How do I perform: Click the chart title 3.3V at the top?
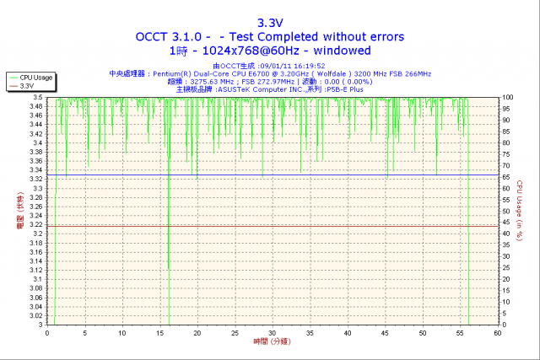(269, 23)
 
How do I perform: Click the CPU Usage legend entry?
(35, 78)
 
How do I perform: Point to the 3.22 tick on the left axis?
(36, 225)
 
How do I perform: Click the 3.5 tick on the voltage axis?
(39, 98)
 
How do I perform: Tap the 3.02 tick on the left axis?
(36, 316)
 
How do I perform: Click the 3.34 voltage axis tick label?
(36, 170)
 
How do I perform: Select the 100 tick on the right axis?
(506, 98)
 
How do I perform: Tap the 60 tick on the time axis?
(498, 332)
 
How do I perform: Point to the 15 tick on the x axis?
(159, 332)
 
